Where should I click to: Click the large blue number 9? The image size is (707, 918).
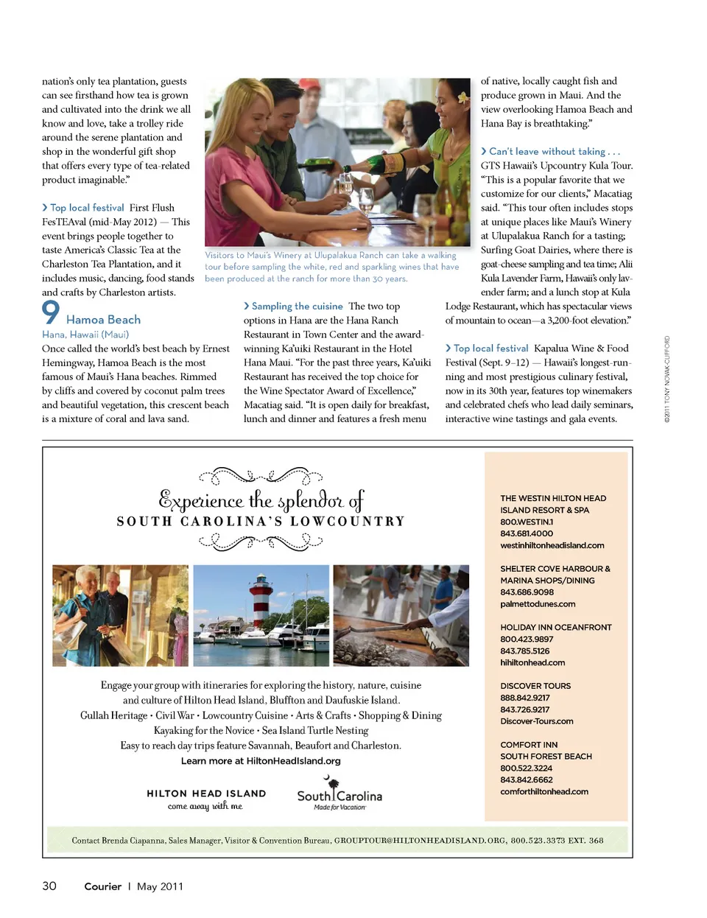pyautogui.click(x=50, y=312)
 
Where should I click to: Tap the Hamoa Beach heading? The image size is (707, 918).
pyautogui.click(x=103, y=320)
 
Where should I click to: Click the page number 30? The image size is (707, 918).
pyautogui.click(x=49, y=886)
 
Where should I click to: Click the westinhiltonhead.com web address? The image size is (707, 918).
pyautogui.click(x=552, y=545)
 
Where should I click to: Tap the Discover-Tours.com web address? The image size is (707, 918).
pyautogui.click(x=536, y=721)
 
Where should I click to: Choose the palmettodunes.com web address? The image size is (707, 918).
pyautogui.click(x=538, y=604)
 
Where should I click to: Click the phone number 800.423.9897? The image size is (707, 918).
pyautogui.click(x=527, y=640)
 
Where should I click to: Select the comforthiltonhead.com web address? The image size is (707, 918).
pyautogui.click(x=544, y=791)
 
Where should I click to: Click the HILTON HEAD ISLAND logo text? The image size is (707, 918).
pyautogui.click(x=206, y=793)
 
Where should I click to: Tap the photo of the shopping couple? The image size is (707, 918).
pyautogui.click(x=120, y=615)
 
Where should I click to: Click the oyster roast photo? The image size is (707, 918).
pyautogui.click(x=401, y=615)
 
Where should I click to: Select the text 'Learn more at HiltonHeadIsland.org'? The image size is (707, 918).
pyautogui.click(x=261, y=761)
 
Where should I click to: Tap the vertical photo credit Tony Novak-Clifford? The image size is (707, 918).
pyautogui.click(x=667, y=379)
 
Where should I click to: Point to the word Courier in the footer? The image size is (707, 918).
pyautogui.click(x=102, y=886)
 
